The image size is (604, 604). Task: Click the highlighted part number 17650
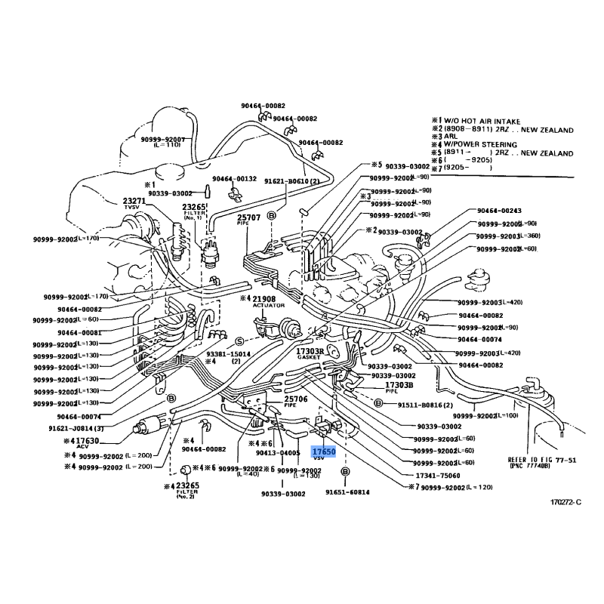[x=324, y=451]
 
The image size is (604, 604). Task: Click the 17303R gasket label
[x=310, y=353]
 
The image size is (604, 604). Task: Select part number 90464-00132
[x=235, y=179]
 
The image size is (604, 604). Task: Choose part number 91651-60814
[x=349, y=492]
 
